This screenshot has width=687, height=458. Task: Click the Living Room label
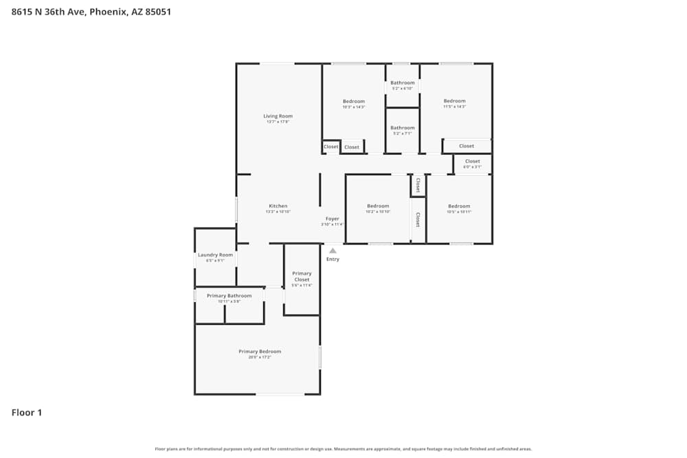tap(278, 116)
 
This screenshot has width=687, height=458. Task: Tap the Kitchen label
tap(278, 206)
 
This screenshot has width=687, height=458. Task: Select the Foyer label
tap(332, 219)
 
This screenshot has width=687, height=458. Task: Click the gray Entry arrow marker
tap(333, 251)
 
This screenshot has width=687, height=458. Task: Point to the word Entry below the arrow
tap(333, 260)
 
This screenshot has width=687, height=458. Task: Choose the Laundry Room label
tap(215, 255)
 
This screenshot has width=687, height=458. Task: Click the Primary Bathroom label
tap(229, 296)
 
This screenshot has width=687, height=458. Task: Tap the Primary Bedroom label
tap(260, 352)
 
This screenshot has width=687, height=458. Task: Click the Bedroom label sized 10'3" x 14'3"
tap(354, 102)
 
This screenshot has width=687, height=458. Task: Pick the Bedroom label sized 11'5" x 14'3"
tap(454, 101)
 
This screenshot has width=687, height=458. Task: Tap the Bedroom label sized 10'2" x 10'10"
tap(378, 206)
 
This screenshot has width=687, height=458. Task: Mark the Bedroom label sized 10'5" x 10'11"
tap(459, 206)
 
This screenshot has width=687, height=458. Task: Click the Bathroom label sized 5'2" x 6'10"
tap(403, 83)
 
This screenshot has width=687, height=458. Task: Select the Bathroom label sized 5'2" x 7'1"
tap(403, 128)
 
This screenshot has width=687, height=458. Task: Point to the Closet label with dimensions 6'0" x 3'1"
tap(472, 161)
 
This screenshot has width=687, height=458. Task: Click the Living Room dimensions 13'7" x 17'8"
tap(278, 122)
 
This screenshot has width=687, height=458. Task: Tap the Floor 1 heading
tap(27, 413)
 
